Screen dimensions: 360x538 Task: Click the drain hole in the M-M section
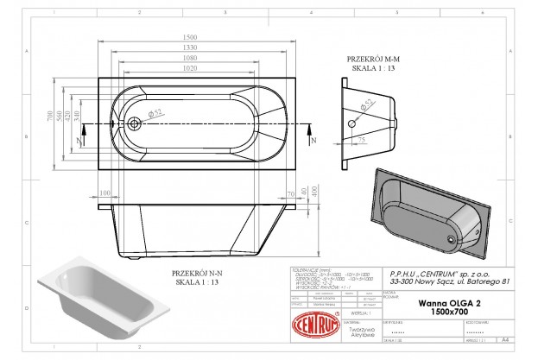click(352, 123)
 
